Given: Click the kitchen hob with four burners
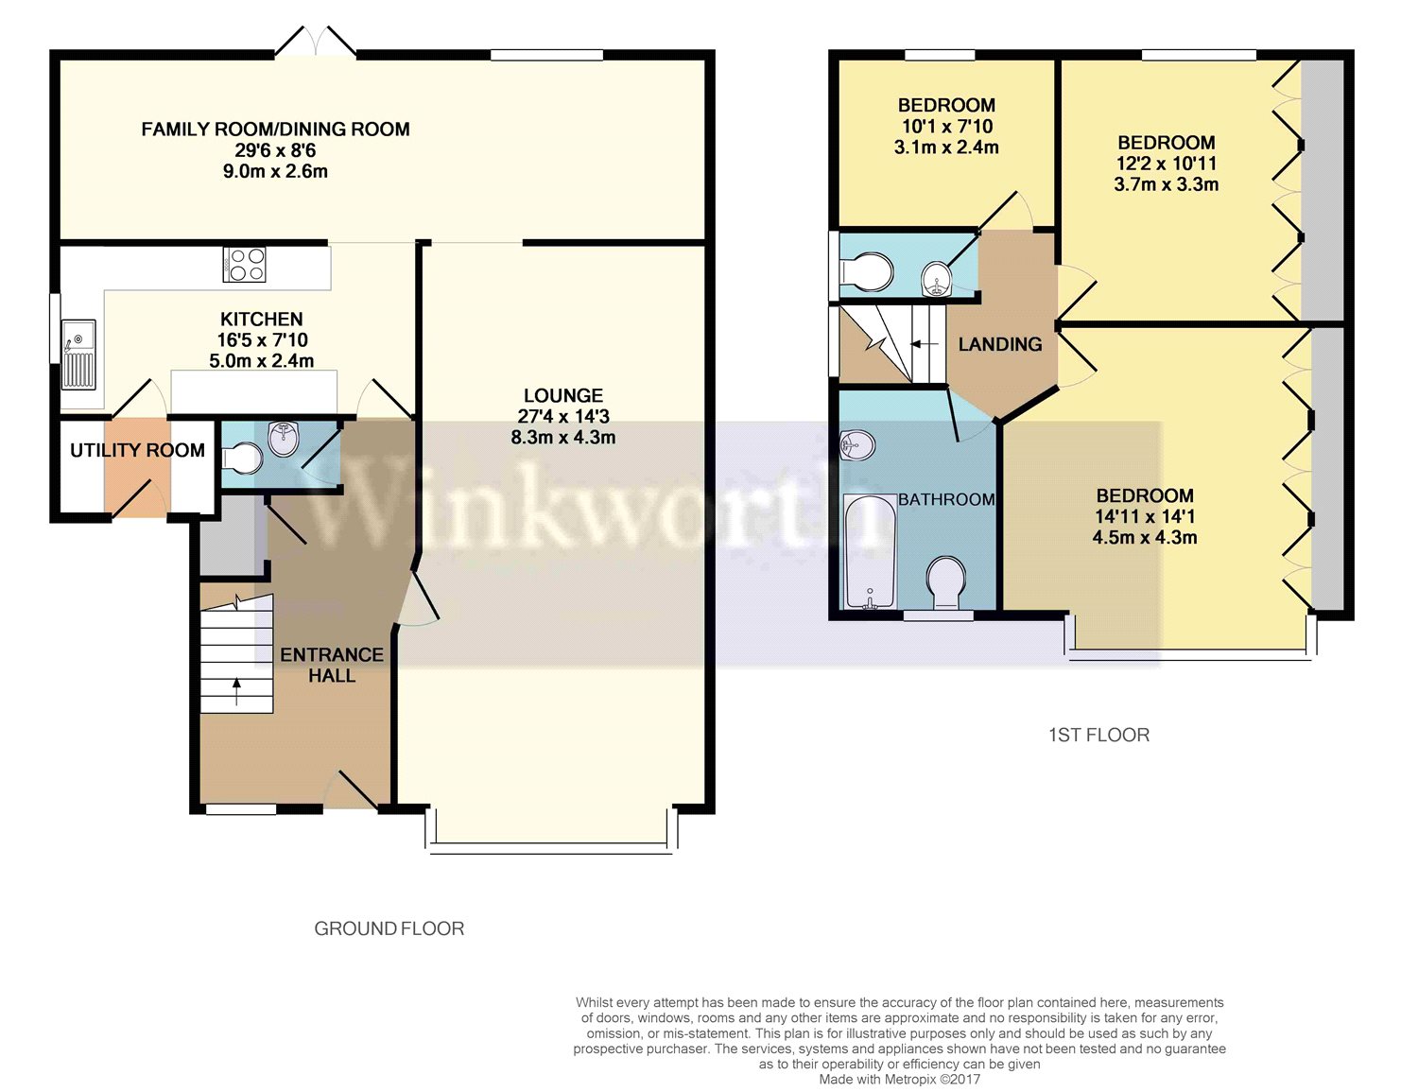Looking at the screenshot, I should tap(245, 264).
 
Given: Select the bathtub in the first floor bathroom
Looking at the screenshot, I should tap(869, 552).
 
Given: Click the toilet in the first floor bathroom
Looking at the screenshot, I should tap(946, 581).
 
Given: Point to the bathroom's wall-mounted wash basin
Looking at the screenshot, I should tap(857, 444).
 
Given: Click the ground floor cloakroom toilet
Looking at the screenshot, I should tap(242, 459).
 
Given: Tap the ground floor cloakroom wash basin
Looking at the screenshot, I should tap(284, 439).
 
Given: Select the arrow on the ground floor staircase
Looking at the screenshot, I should tap(236, 692).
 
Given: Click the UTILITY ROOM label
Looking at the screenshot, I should tap(137, 450).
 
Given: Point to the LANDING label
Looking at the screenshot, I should tap(1000, 344).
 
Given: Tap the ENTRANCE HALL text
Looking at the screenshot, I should tap(332, 665).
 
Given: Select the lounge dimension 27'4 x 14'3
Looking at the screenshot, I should tap(563, 416).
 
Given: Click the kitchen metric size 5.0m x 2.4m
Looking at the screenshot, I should tap(261, 360).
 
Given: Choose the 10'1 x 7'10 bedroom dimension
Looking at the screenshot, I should tap(946, 126).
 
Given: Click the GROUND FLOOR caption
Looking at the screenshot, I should tap(389, 928).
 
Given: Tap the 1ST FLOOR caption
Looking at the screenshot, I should tap(1098, 735).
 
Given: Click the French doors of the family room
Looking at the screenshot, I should tap(316, 43).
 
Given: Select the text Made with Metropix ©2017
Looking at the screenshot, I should tap(899, 1079).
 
